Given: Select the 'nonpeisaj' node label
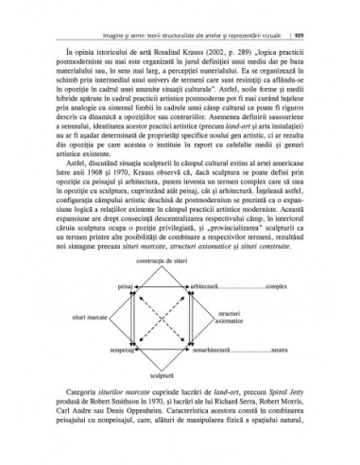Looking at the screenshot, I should coord(122,403).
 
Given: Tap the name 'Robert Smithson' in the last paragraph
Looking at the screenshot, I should coord(105,455).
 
